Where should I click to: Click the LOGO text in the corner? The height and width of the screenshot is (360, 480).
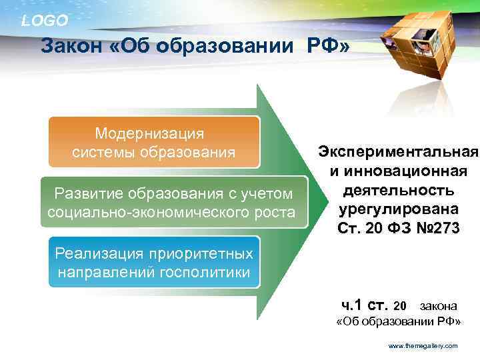(45, 21)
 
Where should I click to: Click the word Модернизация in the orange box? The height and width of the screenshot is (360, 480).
(149, 134)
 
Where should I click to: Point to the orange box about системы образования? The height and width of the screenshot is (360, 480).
(153, 143)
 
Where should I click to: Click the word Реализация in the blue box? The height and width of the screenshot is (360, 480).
(99, 253)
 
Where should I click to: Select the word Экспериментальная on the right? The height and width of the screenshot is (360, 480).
(397, 153)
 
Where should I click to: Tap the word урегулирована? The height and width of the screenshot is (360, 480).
(398, 210)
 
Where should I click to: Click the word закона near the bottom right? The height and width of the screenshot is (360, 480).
(438, 306)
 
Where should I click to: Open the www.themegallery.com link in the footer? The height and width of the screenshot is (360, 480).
(423, 346)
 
